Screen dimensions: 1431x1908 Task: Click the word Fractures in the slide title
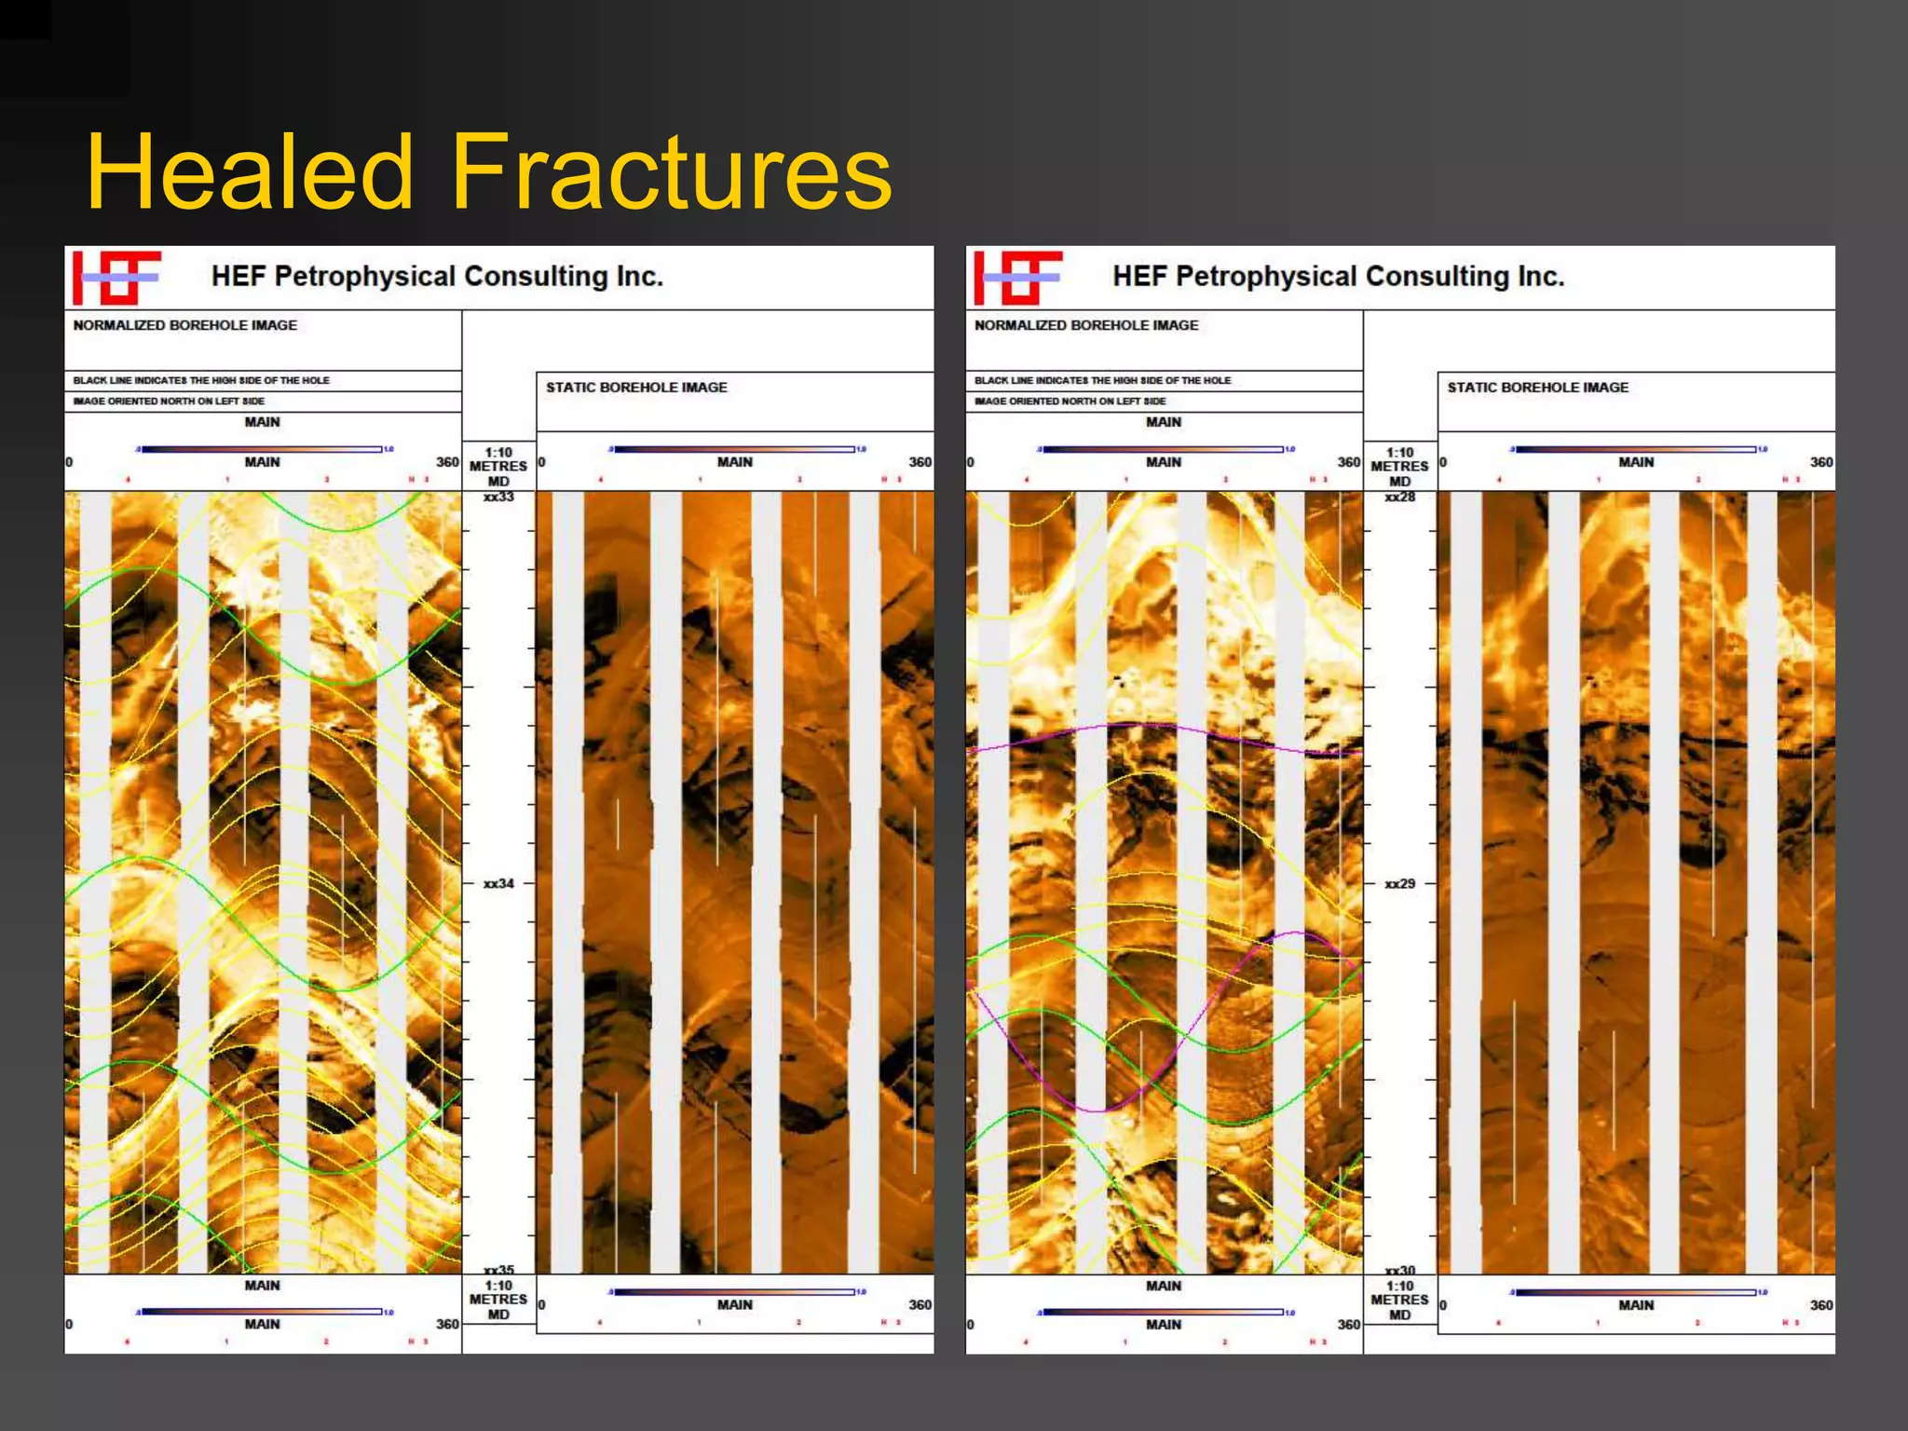tap(671, 172)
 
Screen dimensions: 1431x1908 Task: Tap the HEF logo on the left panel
tap(116, 278)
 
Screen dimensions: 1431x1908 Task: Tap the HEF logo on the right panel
tap(1017, 278)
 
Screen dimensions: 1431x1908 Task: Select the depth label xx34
tap(498, 883)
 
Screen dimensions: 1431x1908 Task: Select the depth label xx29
tap(1399, 883)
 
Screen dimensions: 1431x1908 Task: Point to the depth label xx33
tap(498, 497)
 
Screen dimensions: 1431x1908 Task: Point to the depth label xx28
tap(1399, 497)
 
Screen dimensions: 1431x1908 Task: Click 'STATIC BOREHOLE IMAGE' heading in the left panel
tap(636, 388)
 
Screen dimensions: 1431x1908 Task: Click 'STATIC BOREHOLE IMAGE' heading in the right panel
tap(1537, 388)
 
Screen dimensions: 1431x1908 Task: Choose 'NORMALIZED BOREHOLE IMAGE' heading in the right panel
tap(1086, 325)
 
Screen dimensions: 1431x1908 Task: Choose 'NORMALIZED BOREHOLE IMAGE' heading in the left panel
tap(184, 325)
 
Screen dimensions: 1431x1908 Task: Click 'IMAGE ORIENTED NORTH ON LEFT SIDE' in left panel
tap(169, 402)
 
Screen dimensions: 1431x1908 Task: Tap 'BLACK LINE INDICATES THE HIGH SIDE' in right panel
tap(1102, 380)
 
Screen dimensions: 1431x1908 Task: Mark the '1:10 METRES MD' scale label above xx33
tap(498, 466)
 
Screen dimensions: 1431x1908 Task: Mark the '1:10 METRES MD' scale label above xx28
tap(1399, 466)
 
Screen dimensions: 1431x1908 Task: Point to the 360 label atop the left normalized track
tap(447, 462)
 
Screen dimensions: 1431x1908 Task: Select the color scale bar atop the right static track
tap(1636, 449)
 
